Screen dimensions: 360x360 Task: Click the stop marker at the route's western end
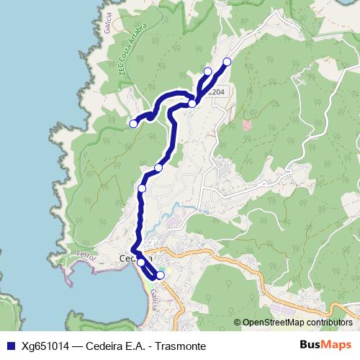(133, 124)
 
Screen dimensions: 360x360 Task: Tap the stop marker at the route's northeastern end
(227, 62)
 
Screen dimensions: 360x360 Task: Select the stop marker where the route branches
(192, 104)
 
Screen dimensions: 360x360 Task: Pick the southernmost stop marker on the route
(160, 275)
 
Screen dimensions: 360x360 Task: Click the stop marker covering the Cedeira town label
(141, 263)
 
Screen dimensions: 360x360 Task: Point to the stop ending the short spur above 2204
(208, 71)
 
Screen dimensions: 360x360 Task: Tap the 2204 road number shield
(215, 91)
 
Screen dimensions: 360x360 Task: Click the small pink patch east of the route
(248, 124)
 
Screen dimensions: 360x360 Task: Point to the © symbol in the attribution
(238, 323)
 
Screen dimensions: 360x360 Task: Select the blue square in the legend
(10, 346)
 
